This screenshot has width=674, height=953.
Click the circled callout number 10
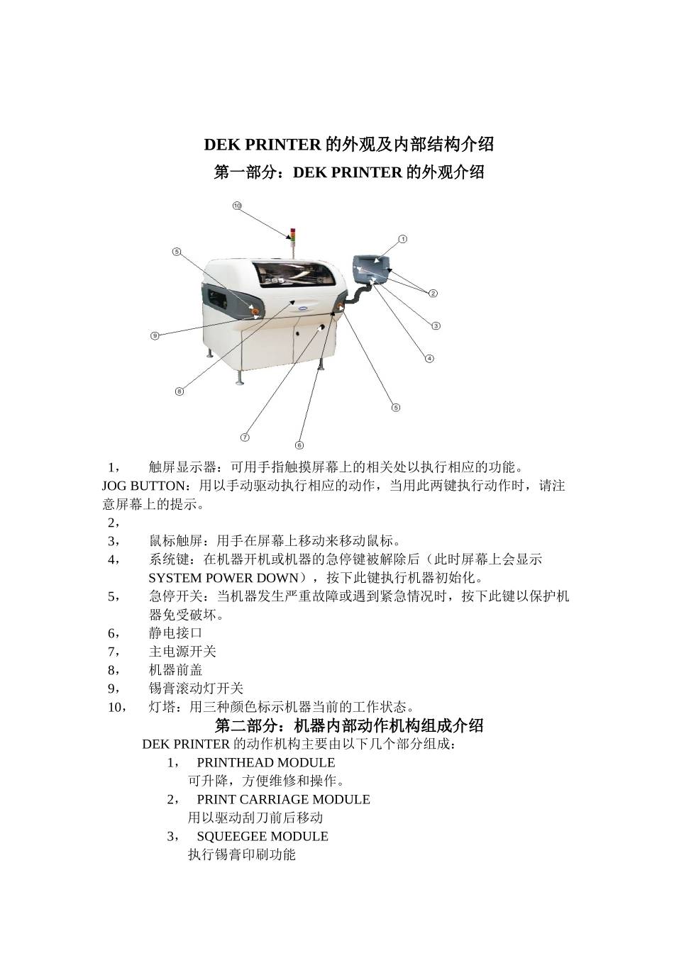click(x=237, y=206)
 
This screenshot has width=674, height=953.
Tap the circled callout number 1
click(x=402, y=239)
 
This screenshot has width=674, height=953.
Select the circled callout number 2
click(x=433, y=293)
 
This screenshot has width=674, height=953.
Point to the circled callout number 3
click(x=436, y=325)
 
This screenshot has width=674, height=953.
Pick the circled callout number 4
click(x=429, y=358)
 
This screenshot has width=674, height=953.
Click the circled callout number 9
click(x=155, y=335)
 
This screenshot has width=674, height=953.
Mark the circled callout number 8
click(x=179, y=391)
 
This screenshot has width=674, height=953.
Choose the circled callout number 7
click(x=245, y=437)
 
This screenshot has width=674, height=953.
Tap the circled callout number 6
click(x=299, y=445)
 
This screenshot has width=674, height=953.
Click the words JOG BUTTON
click(x=146, y=486)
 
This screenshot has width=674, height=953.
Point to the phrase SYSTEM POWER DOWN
click(x=223, y=578)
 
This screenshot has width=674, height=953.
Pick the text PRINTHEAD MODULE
click(x=266, y=763)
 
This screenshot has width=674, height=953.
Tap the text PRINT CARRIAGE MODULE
click(x=283, y=800)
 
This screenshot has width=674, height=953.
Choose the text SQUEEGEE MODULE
click(x=263, y=837)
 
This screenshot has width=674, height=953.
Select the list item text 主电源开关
click(x=182, y=652)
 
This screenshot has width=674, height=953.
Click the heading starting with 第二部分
click(x=349, y=725)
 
